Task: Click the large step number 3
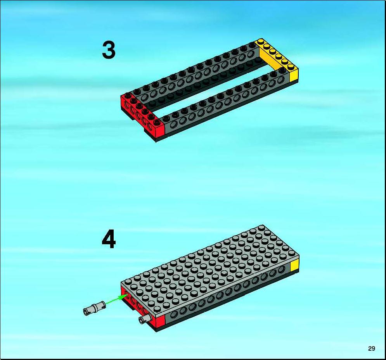pyautogui.click(x=109, y=50)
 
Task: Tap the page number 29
pyautogui.click(x=372, y=348)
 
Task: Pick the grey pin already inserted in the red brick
pyautogui.click(x=144, y=319)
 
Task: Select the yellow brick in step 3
pyautogui.click(x=278, y=59)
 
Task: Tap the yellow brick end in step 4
pyautogui.click(x=294, y=266)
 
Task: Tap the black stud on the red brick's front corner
pyautogui.click(x=156, y=122)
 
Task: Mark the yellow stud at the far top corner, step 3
pyautogui.click(x=260, y=42)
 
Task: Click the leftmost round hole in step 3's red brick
pyautogui.click(x=127, y=105)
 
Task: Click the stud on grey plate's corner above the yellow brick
pyautogui.click(x=292, y=253)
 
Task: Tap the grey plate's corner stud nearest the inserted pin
pyautogui.click(x=157, y=309)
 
